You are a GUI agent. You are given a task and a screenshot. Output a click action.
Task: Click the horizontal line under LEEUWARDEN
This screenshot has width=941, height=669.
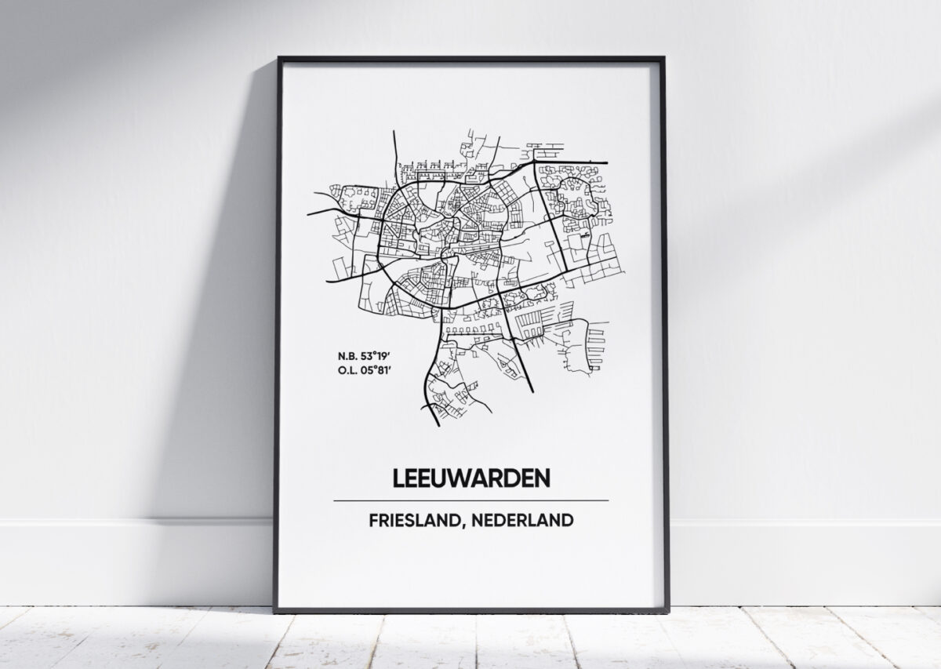pyautogui.click(x=470, y=500)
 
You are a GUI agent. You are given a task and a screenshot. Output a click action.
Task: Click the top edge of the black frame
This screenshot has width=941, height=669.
pyautogui.click(x=470, y=59)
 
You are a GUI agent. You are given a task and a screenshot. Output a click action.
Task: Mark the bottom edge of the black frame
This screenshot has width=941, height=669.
pyautogui.click(x=470, y=609)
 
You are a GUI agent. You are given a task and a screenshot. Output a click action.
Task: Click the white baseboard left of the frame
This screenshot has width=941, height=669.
pyautogui.click(x=133, y=561)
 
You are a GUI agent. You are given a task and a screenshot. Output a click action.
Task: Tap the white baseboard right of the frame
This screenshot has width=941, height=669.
pyautogui.click(x=800, y=561)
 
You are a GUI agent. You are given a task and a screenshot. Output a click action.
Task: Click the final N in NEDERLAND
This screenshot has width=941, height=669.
pyautogui.click(x=567, y=519)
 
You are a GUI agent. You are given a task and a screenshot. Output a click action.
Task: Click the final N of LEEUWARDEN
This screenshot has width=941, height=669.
pyautogui.click(x=542, y=478)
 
